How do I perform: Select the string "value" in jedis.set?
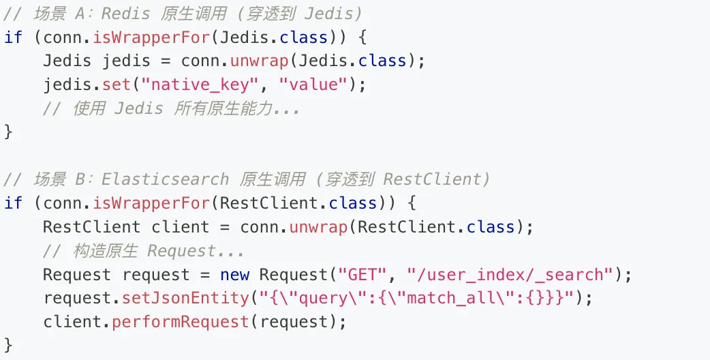click(313, 85)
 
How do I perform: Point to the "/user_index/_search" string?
click(510, 275)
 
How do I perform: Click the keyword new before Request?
click(234, 275)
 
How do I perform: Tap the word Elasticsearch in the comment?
click(165, 179)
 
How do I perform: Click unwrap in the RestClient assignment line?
click(319, 227)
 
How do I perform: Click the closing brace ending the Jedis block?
click(8, 132)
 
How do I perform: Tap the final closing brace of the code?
click(8, 346)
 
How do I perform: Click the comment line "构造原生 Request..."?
click(143, 251)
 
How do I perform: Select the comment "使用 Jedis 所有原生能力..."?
click(170, 108)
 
